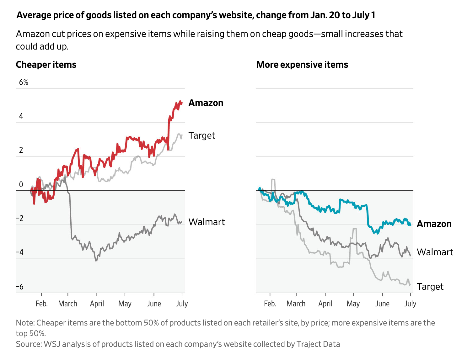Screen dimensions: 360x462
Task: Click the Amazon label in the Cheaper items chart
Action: (206, 103)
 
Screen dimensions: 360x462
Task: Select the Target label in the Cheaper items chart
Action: (202, 135)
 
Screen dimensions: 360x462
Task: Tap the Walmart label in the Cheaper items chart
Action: (207, 222)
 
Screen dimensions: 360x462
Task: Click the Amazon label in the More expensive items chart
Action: (434, 224)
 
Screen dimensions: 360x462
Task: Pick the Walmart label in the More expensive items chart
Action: (435, 252)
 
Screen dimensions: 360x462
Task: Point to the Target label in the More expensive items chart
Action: (430, 287)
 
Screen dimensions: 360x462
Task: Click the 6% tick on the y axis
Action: (24, 82)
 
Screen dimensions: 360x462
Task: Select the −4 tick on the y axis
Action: (19, 252)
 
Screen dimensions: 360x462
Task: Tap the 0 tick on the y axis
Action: (21, 184)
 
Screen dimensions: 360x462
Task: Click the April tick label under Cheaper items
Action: (97, 304)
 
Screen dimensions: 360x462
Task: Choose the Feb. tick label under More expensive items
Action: (270, 304)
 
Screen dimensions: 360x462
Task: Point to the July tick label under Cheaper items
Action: (182, 304)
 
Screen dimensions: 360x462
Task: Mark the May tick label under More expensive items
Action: (353, 304)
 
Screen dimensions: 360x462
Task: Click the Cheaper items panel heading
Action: (46, 65)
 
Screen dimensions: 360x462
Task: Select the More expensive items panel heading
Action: (302, 65)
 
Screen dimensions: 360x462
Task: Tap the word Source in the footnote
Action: (28, 344)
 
